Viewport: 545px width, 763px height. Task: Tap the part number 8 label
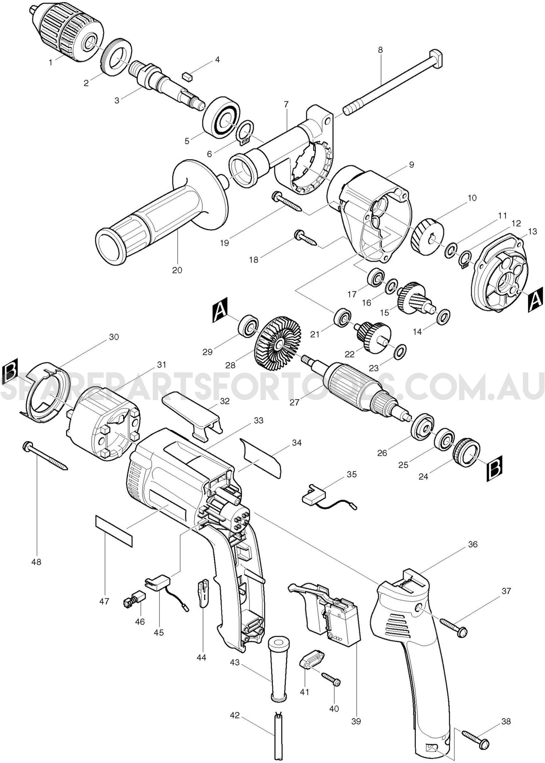pyautogui.click(x=380, y=50)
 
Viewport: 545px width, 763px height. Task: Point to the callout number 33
pyautogui.click(x=258, y=420)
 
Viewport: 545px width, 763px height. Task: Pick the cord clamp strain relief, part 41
pyautogui.click(x=311, y=662)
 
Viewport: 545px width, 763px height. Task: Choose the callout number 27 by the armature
pyautogui.click(x=295, y=402)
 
